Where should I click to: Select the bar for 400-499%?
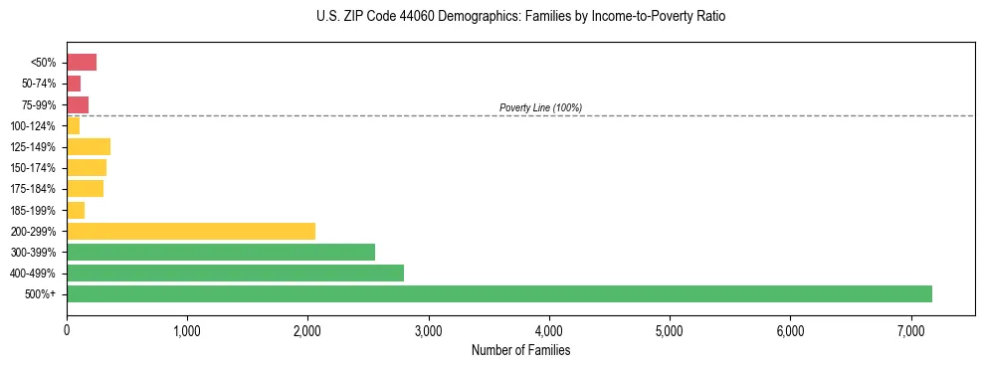click(235, 273)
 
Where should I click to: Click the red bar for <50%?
click(82, 63)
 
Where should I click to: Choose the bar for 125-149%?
click(89, 146)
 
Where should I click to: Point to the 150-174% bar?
click(87, 167)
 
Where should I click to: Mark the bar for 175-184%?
click(86, 189)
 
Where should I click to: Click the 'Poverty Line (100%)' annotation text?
click(540, 107)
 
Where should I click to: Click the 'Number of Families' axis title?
click(520, 350)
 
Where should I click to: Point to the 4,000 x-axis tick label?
click(549, 330)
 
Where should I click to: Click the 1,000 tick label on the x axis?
click(187, 330)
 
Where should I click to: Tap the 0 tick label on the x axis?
click(67, 330)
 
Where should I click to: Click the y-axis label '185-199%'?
click(35, 210)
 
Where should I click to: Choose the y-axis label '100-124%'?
click(35, 125)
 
